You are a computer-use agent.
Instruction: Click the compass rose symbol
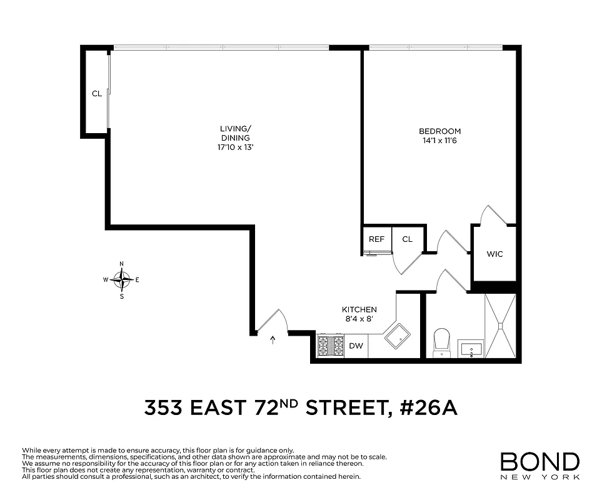122,279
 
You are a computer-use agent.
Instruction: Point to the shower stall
501,325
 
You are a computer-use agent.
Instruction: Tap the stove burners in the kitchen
331,346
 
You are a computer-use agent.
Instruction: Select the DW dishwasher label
356,346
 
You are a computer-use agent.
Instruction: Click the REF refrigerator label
376,239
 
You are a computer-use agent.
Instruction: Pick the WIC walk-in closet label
494,254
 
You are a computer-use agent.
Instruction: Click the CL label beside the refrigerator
408,239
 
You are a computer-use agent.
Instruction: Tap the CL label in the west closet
97,94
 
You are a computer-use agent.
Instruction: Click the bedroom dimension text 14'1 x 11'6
439,141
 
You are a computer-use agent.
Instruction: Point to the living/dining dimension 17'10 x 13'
235,147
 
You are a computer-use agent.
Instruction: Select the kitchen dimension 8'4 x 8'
359,319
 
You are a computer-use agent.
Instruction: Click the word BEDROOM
439,131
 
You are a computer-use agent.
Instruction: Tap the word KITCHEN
359,309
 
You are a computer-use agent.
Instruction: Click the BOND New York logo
539,466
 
